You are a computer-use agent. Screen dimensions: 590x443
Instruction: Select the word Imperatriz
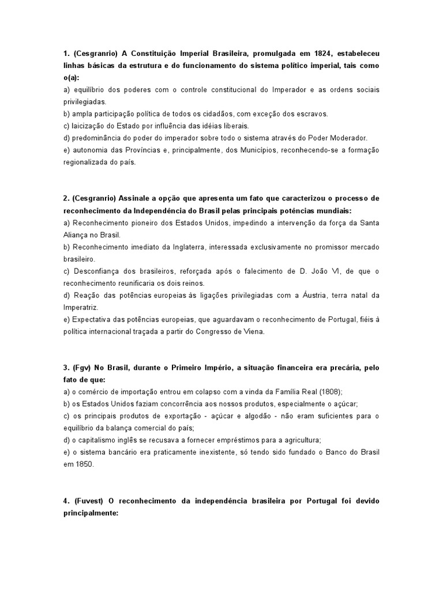pyautogui.click(x=81, y=307)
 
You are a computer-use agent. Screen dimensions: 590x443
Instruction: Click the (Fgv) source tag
pyautogui.click(x=84, y=367)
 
